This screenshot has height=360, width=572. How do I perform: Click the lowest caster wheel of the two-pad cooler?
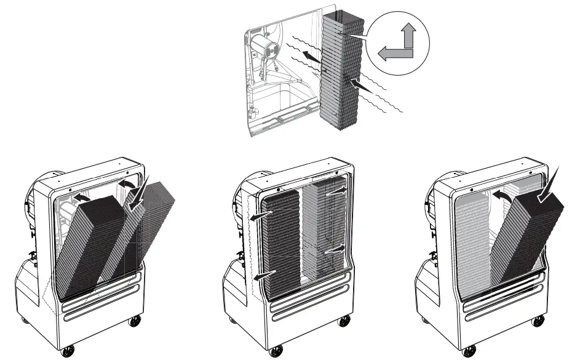[x=68, y=351]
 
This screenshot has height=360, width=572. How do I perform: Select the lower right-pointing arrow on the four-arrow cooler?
[x=335, y=250]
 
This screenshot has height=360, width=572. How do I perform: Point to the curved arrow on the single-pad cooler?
[x=502, y=195]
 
